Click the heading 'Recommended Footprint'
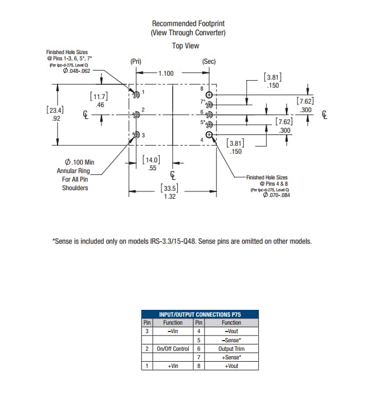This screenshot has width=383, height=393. pyautogui.click(x=188, y=23)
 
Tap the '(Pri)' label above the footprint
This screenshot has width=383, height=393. pyautogui.click(x=136, y=61)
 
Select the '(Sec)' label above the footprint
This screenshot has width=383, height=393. pyautogui.click(x=209, y=61)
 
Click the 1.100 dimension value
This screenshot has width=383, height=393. pyautogui.click(x=166, y=73)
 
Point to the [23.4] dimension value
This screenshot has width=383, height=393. pyautogui.click(x=55, y=110)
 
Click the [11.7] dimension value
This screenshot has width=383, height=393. pyautogui.click(x=99, y=97)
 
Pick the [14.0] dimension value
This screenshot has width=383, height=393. pyautogui.click(x=151, y=160)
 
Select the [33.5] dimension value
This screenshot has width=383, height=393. pyautogui.click(x=169, y=188)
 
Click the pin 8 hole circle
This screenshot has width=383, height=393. pyautogui.click(x=209, y=95)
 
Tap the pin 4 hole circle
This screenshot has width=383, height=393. pyautogui.click(x=209, y=135)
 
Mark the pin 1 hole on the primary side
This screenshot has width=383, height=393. pyautogui.click(x=136, y=95)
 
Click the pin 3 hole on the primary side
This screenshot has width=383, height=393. pyautogui.click(x=136, y=135)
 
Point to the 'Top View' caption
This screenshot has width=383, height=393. pyautogui.click(x=186, y=46)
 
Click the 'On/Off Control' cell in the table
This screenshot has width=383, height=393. pyautogui.click(x=173, y=349)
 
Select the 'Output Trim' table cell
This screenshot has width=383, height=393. pyautogui.click(x=231, y=349)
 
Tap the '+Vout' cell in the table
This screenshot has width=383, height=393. pyautogui.click(x=231, y=366)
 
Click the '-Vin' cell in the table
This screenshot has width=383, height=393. pyautogui.click(x=173, y=331)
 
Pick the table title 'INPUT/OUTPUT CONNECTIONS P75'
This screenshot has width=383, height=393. pyautogui.click(x=199, y=314)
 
